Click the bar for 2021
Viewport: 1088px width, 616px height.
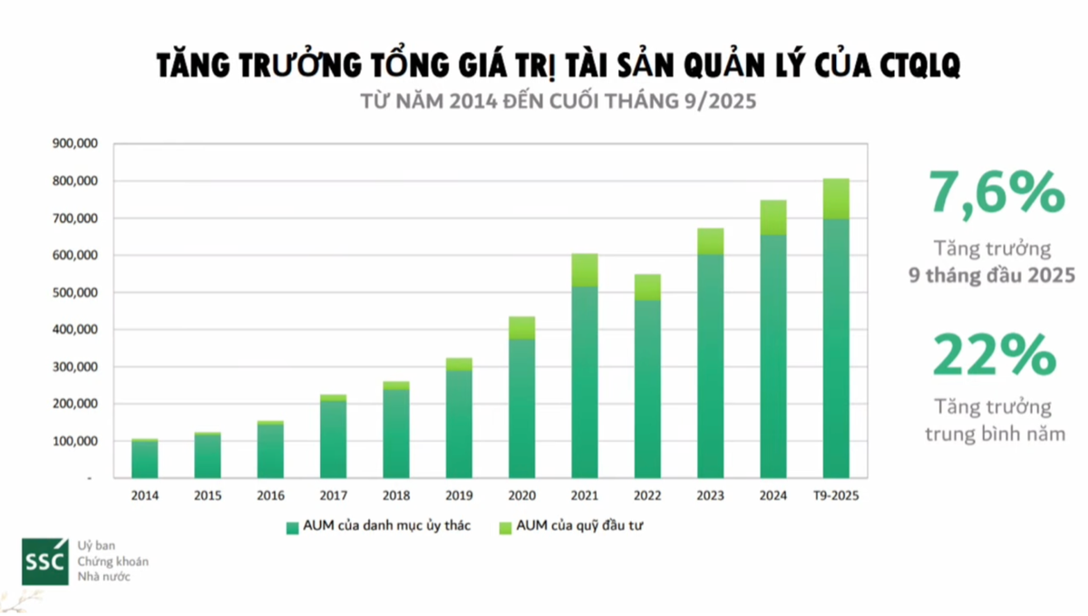(584, 381)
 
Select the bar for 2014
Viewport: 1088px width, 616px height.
(145, 459)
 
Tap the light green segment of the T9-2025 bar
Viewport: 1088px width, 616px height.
(836, 199)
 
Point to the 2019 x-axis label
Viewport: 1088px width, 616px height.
(459, 496)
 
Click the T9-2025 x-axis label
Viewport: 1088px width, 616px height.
(835, 496)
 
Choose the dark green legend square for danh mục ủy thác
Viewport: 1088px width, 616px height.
(292, 527)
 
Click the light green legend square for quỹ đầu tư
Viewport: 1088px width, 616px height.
(505, 527)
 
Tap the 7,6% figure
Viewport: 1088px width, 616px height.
(995, 193)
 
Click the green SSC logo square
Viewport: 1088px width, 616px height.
(44, 561)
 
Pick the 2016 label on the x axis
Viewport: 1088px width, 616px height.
(270, 496)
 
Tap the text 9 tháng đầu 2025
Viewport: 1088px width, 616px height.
(992, 276)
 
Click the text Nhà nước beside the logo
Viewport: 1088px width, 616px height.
(104, 576)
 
